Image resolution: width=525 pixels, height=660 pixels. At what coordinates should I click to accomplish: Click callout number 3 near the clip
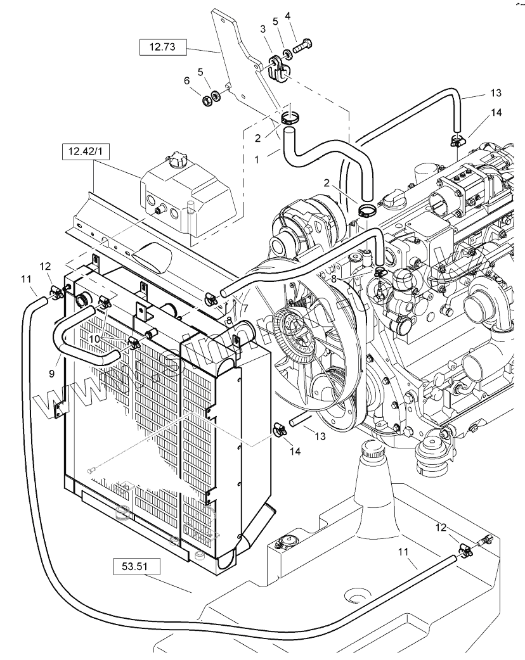pos(262,29)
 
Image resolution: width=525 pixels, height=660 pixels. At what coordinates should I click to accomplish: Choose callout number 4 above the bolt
pos(287,15)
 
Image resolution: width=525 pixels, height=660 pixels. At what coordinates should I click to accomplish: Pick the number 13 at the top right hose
pos(496,92)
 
